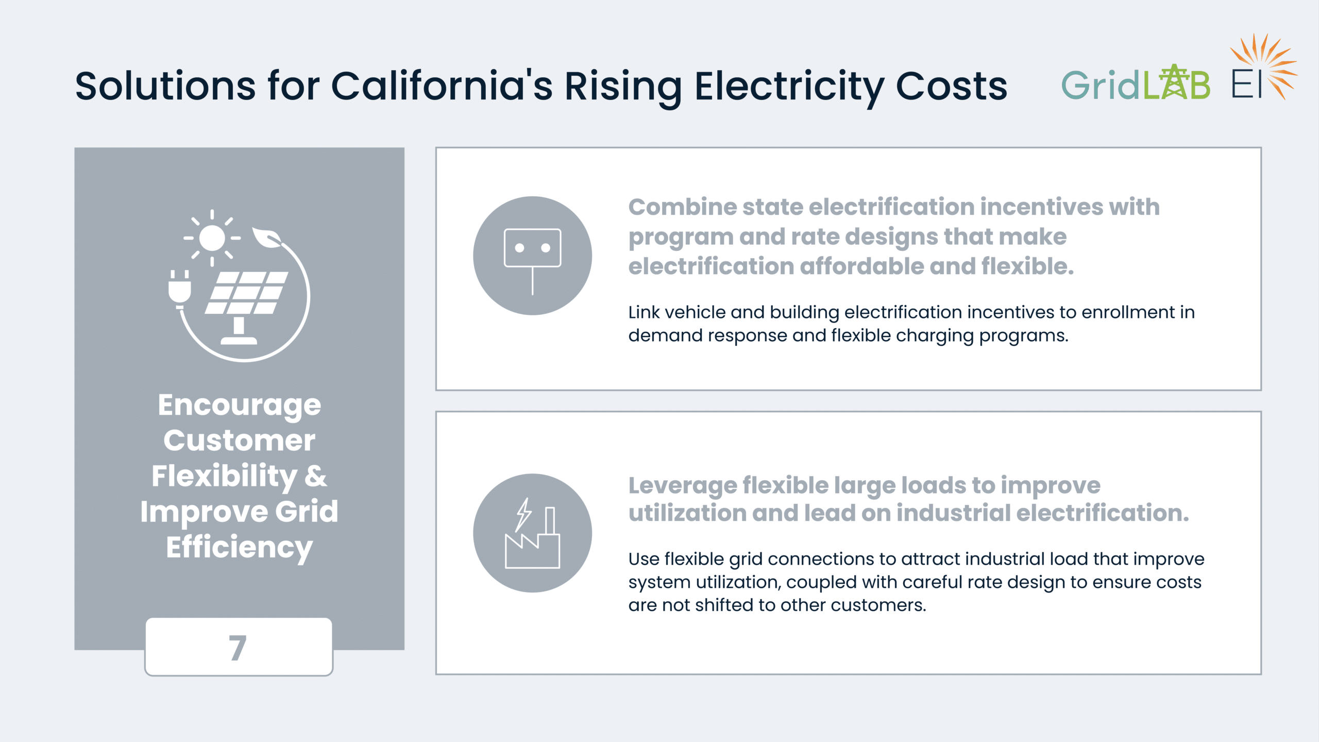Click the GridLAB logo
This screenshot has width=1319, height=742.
tap(1136, 83)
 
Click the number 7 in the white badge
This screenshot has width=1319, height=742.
tap(238, 648)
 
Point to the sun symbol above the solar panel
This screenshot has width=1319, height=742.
tap(212, 238)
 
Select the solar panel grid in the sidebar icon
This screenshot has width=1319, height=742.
tap(247, 293)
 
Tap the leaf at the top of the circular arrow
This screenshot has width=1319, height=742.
tap(266, 237)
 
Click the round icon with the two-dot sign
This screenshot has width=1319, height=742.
tap(532, 256)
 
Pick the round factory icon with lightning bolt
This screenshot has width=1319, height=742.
tap(532, 533)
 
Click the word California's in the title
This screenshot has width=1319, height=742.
tap(442, 86)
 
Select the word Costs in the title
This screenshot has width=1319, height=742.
tap(951, 86)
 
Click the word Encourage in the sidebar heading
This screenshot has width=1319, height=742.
tap(240, 406)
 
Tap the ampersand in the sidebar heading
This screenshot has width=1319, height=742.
tap(315, 476)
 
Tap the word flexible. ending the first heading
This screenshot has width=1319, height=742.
tap(1027, 266)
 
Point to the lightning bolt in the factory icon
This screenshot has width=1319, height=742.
tap(523, 514)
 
